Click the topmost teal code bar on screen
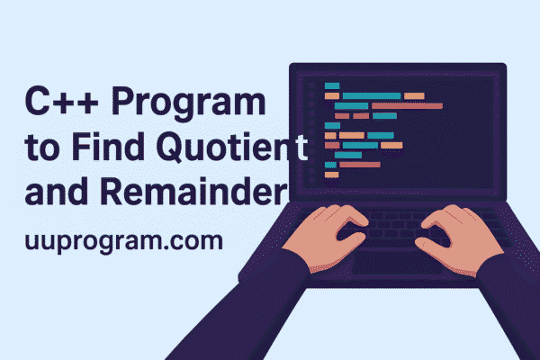coord(332,85)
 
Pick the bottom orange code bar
coord(331,174)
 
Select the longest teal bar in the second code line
coord(371,95)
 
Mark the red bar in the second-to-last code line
coord(358,165)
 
